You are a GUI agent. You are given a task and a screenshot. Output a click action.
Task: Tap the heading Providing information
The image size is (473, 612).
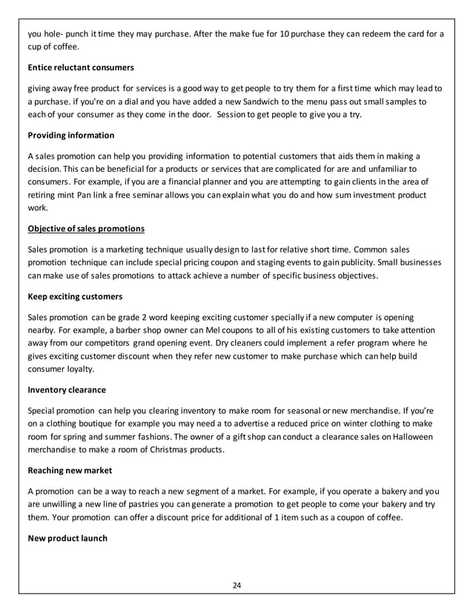tap(70, 136)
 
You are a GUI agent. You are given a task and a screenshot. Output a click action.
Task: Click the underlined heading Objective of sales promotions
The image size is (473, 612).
tap(85, 227)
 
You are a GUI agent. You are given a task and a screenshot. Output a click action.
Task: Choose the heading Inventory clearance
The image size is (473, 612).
tap(66, 389)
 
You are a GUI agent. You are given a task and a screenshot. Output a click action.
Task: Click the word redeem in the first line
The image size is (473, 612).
tap(373, 33)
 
